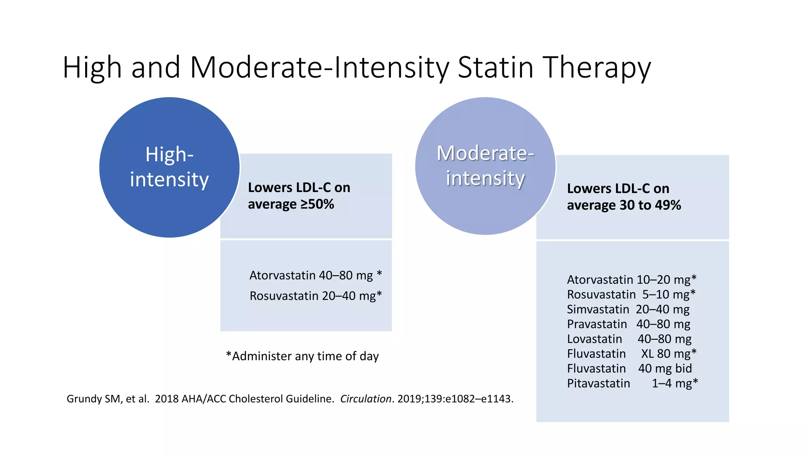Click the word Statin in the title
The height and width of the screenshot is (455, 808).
click(495, 67)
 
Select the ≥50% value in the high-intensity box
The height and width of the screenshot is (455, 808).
click(317, 204)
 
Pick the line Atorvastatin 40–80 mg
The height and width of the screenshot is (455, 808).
click(315, 275)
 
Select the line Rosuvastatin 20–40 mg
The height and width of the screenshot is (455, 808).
click(315, 296)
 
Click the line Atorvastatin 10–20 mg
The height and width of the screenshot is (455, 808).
click(631, 280)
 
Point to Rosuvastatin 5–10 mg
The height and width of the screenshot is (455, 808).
click(631, 295)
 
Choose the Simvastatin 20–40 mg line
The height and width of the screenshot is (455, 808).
click(628, 309)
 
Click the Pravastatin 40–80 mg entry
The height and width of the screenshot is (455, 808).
click(628, 324)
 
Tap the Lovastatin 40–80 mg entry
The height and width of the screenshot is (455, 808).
click(629, 339)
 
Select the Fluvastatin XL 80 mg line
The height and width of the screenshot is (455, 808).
click(631, 354)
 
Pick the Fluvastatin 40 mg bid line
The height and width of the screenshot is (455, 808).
click(629, 369)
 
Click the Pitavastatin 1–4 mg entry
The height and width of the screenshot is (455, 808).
click(632, 384)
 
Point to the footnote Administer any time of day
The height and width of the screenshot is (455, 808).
click(302, 356)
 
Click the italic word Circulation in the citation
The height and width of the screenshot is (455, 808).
click(365, 399)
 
